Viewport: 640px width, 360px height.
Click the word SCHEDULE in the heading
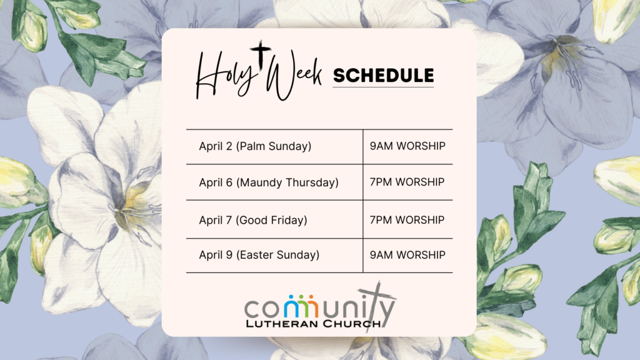point(383,76)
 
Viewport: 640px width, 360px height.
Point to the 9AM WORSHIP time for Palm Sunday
point(407,146)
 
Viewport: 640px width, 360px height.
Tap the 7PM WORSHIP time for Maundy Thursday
point(407,182)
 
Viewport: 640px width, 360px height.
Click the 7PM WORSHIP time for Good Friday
point(407,220)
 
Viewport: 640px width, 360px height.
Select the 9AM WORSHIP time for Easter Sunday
point(407,255)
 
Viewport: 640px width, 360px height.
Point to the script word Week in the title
point(293,76)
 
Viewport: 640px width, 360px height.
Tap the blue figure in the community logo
point(291,306)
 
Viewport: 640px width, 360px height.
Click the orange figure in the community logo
point(311,306)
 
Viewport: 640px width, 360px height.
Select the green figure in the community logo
point(301,306)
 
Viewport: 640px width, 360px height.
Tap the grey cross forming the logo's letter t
point(375,306)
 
